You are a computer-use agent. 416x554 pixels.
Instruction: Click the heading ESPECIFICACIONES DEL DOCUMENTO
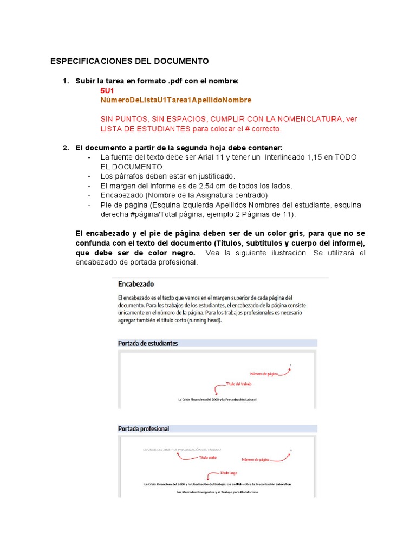129,61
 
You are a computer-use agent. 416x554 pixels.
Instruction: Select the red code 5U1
107,90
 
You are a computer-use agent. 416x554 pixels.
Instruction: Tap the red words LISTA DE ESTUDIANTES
145,129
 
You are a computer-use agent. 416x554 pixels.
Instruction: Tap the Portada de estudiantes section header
148,343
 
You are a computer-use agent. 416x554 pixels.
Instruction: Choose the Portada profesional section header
144,428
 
